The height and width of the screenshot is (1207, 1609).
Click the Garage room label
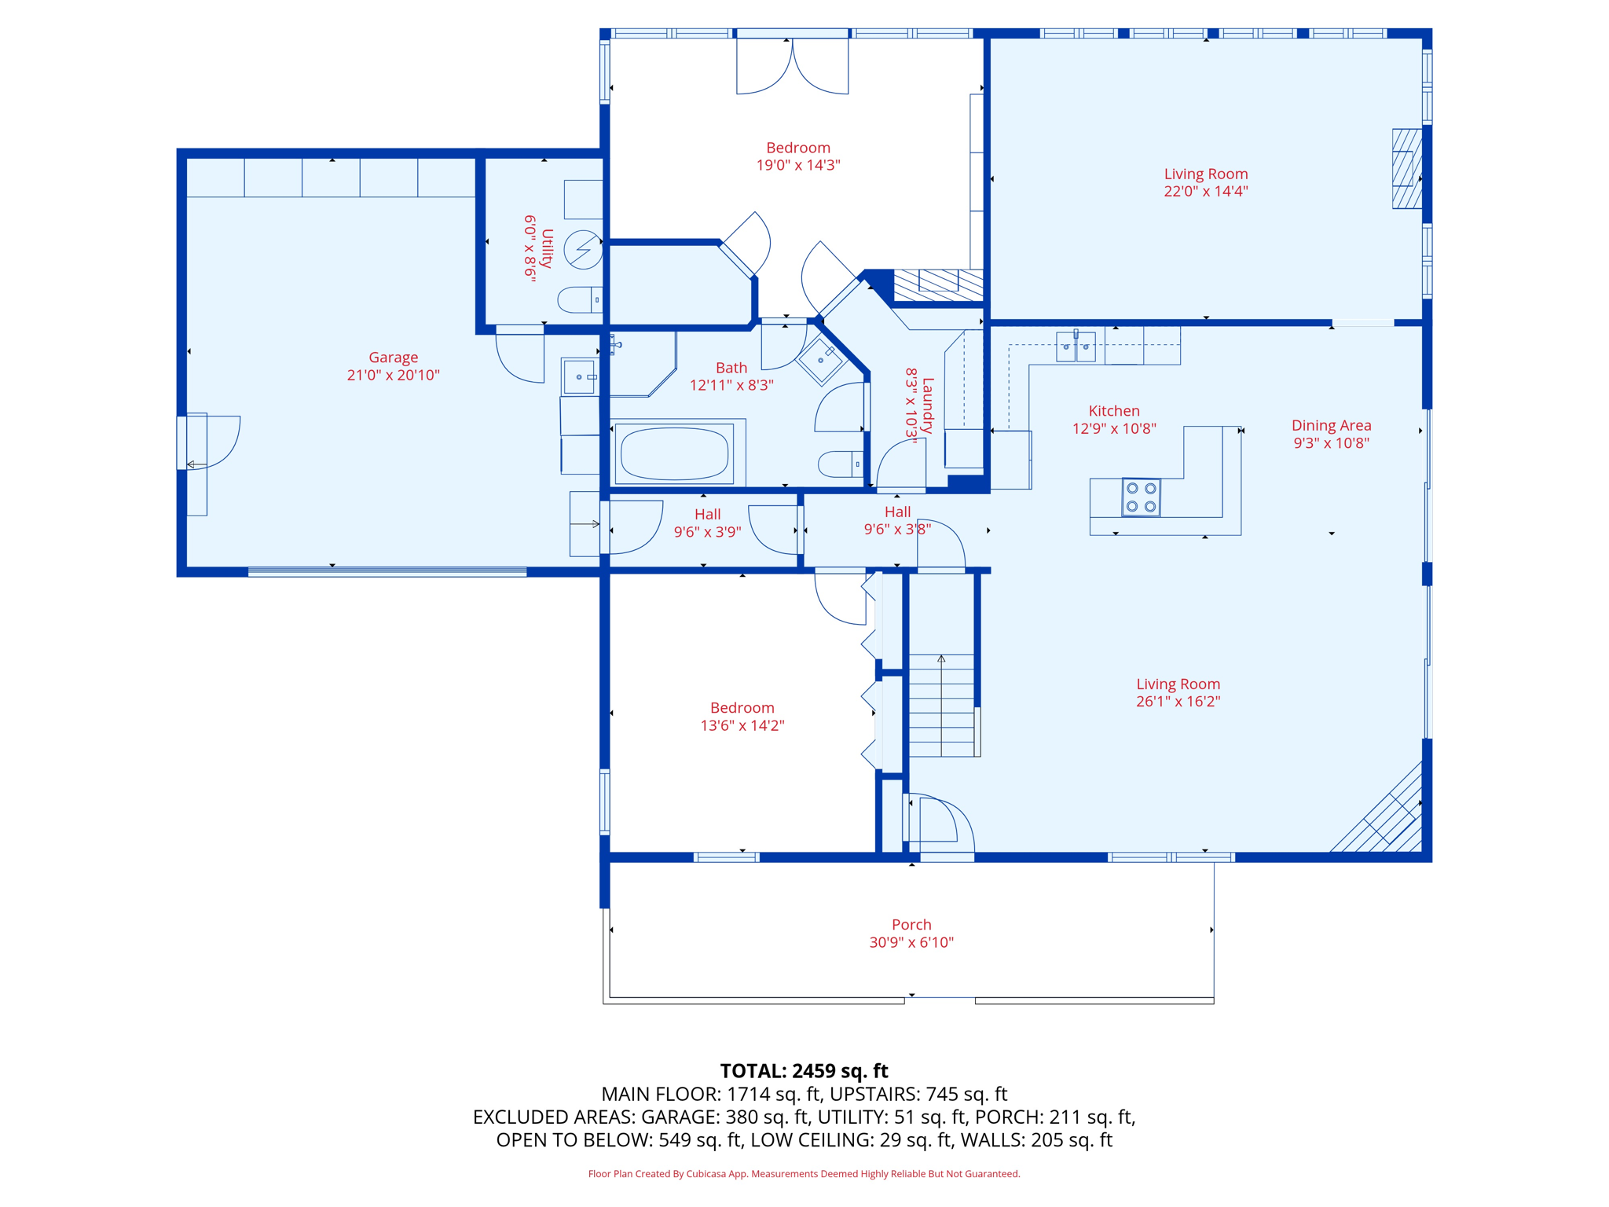coord(393,358)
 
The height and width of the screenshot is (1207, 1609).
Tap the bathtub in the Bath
coord(674,453)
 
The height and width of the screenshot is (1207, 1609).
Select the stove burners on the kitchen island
coord(1141,497)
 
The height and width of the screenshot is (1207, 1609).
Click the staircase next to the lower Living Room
coord(941,705)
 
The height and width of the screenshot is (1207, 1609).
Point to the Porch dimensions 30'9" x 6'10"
coord(911,942)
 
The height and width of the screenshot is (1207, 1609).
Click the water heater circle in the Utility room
coord(583,249)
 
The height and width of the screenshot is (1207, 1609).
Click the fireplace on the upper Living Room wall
coord(1406,168)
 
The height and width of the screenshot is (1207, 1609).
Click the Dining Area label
coord(1331,425)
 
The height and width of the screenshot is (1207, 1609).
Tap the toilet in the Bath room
coord(839,464)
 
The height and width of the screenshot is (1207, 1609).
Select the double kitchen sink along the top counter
coord(1075,347)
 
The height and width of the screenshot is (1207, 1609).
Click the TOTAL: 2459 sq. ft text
coord(804,1071)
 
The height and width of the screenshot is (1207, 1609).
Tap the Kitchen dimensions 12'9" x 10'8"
coord(1113,428)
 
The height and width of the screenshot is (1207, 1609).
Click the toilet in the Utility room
coord(580,300)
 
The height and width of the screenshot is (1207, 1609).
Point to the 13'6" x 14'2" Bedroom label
coord(742,716)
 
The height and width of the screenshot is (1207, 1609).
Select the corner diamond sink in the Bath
coord(821,360)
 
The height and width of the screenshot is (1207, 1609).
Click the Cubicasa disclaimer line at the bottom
coord(804,1174)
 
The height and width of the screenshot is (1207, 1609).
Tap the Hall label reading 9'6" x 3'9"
coord(707,523)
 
